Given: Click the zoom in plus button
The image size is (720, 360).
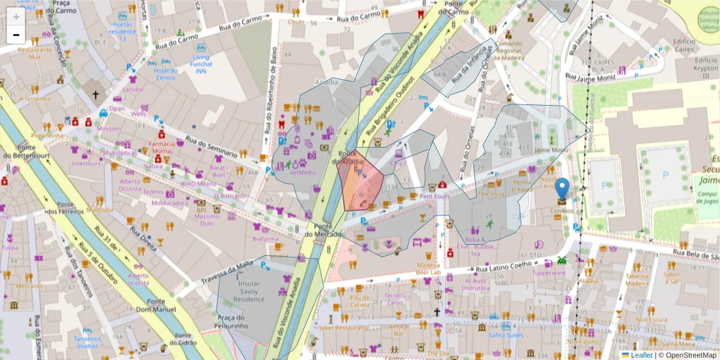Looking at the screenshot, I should point(16,17).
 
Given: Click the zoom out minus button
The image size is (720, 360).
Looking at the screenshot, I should point(16,34).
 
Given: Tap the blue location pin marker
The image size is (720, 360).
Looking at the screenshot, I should point(562,189).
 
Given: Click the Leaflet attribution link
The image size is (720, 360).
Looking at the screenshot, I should point(641,355).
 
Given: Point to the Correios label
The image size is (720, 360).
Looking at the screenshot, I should point(563,211).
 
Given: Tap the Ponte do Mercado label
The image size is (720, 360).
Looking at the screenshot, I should point(323,230).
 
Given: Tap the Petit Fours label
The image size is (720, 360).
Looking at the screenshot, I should point(434,196).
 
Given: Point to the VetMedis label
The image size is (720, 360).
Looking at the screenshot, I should point(302,172).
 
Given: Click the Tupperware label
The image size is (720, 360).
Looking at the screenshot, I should point(549,272).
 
